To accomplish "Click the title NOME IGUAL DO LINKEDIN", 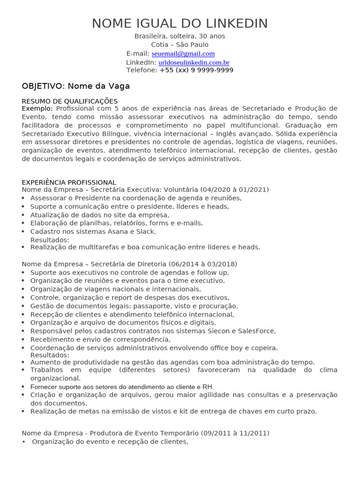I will [x=180, y=23].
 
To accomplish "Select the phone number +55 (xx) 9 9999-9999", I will [x=196, y=70].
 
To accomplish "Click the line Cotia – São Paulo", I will [x=180, y=45].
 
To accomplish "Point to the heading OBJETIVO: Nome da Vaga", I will [x=76, y=86].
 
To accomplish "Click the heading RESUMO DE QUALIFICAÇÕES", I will [x=70, y=101].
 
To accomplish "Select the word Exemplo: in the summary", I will [x=37, y=109].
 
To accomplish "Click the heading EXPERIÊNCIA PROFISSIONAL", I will [x=69, y=182].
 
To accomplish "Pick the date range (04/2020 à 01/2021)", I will [x=234, y=190].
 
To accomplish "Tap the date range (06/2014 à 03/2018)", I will [x=204, y=264].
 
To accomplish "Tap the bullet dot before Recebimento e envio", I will [x=24, y=340].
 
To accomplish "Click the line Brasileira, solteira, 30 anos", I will [x=180, y=36].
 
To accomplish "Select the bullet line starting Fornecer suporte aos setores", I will [x=122, y=387].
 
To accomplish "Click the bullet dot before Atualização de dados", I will [x=24, y=215].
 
